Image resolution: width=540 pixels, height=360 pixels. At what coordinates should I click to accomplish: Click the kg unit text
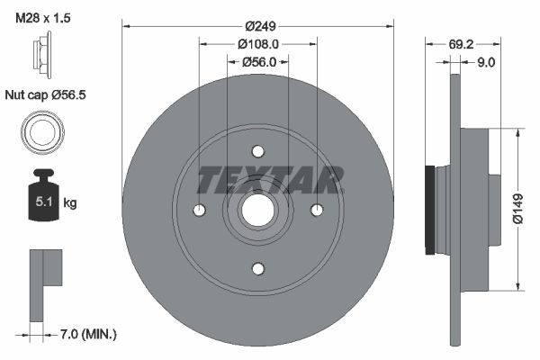click(70, 203)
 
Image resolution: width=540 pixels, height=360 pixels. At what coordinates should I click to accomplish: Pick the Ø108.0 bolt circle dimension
click(257, 43)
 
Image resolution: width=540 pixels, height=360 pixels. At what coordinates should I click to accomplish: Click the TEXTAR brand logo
click(270, 179)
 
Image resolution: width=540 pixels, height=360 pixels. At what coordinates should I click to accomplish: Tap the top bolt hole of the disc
click(258, 151)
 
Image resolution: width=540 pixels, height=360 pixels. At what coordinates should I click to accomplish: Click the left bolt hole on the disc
click(200, 210)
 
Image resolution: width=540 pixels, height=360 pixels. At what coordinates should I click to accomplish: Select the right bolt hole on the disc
click(317, 210)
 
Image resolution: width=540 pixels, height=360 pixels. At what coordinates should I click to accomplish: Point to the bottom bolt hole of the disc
click(258, 268)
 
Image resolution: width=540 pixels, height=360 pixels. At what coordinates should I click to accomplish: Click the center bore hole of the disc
click(258, 210)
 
